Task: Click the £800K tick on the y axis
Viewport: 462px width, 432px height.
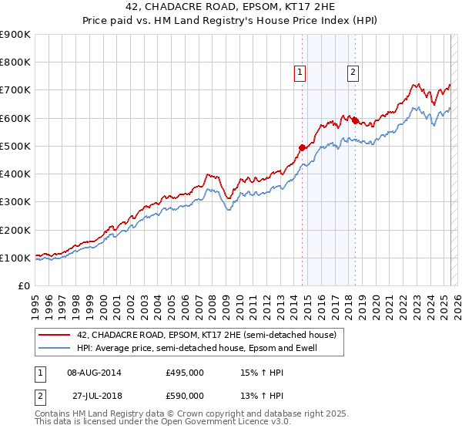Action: click(x=15, y=62)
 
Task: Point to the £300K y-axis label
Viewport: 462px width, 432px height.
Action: click(x=15, y=202)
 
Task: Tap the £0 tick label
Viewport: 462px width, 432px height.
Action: click(x=23, y=286)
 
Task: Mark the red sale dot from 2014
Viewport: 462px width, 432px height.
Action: click(x=302, y=147)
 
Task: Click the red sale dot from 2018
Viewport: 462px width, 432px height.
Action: click(x=355, y=120)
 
